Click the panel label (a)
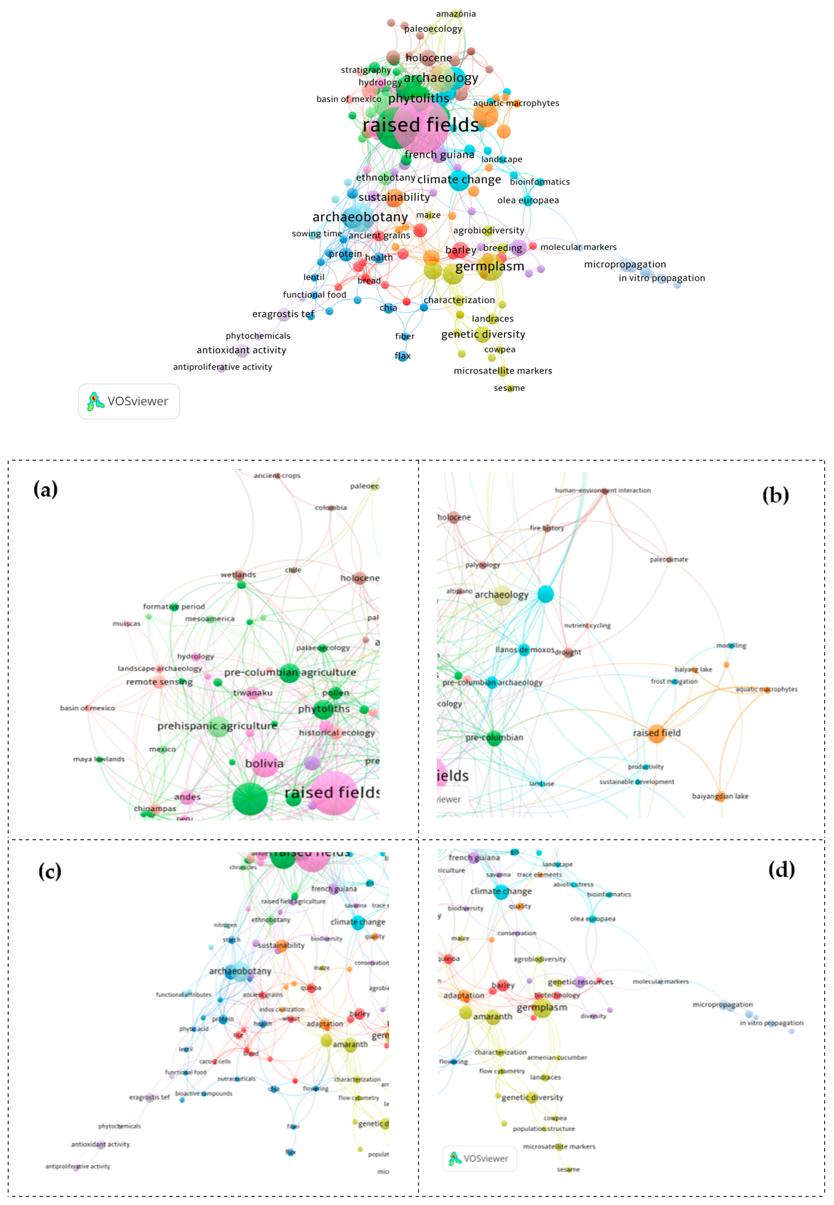[45, 490]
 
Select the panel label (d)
[781, 870]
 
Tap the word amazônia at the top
[456, 14]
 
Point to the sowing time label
[317, 234]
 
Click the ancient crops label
[277, 476]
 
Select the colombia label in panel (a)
[331, 507]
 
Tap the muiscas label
[126, 623]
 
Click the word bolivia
[264, 763]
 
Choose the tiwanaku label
[253, 693]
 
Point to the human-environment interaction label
[603, 490]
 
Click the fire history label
[547, 528]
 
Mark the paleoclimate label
[669, 560]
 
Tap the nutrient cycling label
[587, 626]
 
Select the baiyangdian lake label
[720, 796]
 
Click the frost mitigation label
[674, 681]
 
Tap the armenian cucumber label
[557, 1058]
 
